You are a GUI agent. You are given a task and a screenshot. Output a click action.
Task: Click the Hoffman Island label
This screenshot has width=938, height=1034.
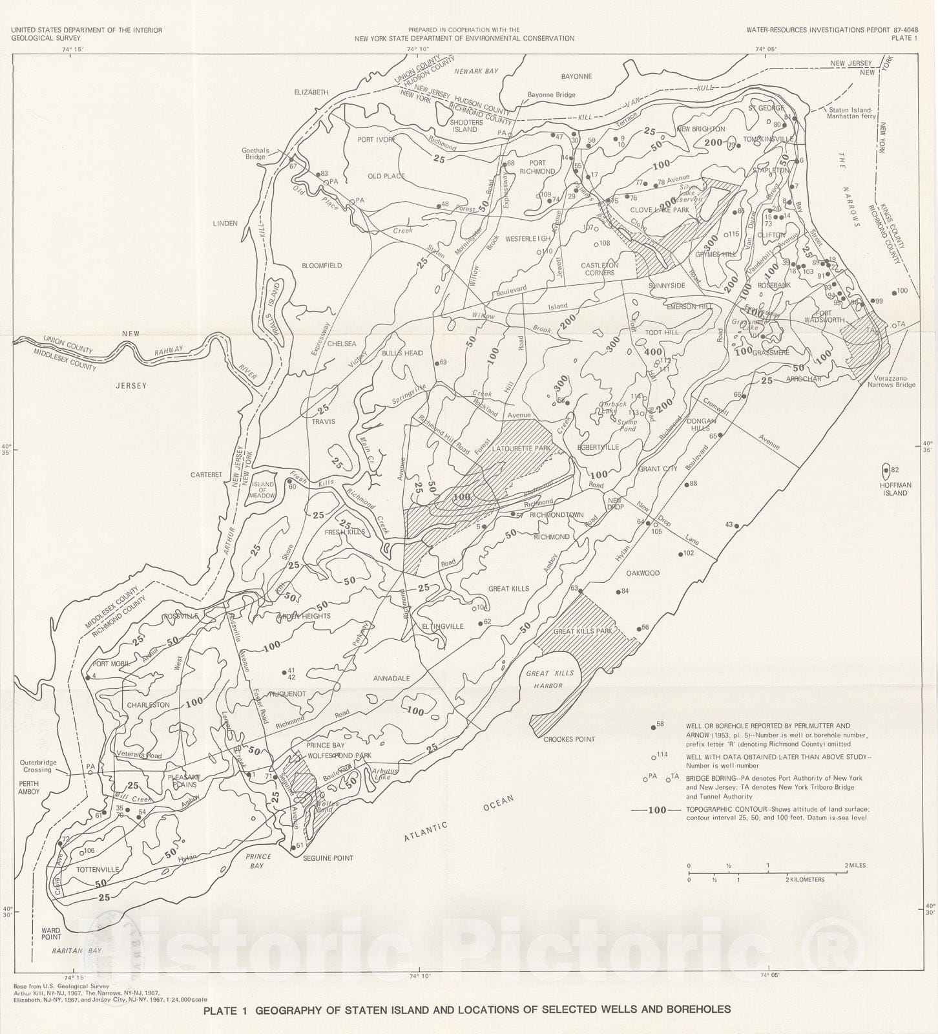pos(895,489)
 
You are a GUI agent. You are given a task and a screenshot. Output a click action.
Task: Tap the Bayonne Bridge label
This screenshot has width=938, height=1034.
pos(551,95)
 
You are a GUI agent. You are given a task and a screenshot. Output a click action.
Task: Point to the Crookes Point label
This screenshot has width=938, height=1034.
pos(568,739)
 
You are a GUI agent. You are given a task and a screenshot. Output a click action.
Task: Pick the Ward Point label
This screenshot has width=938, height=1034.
pos(52,933)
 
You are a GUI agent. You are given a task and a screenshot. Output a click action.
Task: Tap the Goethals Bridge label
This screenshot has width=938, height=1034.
pos(255,154)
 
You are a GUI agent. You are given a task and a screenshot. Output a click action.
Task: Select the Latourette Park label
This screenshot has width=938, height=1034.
pos(520,448)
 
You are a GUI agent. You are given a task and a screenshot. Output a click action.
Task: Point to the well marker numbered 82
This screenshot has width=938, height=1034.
pos(886,470)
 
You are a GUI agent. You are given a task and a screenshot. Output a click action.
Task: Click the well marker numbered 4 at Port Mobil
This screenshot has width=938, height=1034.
pos(87,677)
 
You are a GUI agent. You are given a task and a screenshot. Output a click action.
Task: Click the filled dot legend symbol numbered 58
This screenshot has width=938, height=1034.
pos(652,726)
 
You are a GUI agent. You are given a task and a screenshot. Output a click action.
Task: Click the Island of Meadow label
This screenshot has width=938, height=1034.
pos(263,490)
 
